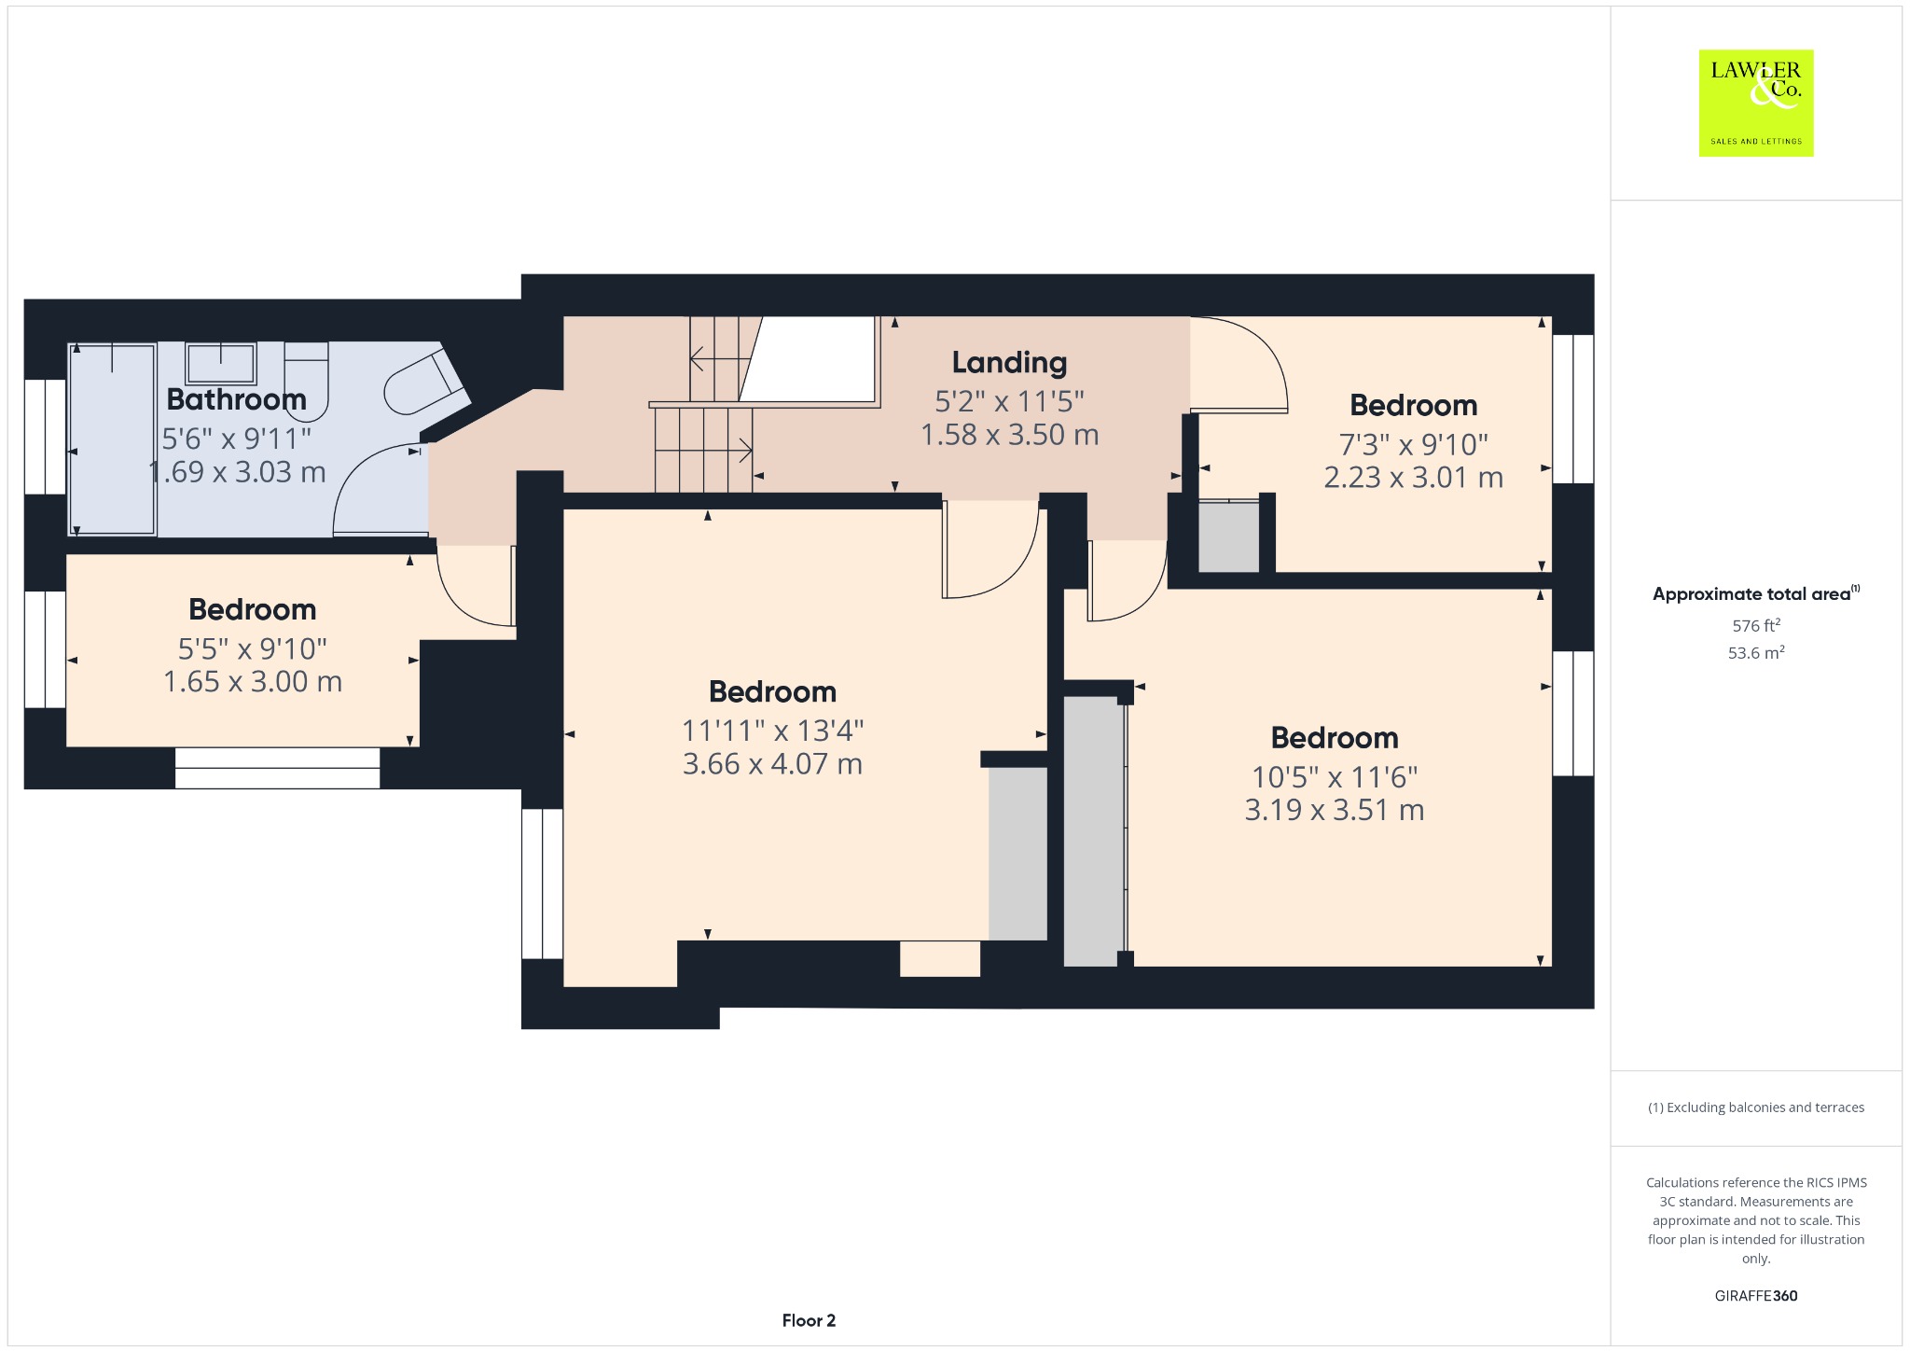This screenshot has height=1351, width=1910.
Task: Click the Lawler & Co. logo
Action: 1756,103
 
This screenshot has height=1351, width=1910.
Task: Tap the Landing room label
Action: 1009,362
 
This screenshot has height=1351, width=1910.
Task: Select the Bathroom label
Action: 236,399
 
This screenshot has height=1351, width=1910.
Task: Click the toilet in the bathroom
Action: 307,381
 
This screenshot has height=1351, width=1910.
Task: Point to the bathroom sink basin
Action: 220,364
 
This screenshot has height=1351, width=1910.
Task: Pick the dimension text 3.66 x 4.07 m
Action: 772,764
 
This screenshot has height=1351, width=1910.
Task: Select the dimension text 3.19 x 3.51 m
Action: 1335,810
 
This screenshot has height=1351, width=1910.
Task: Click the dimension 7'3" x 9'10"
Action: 1414,444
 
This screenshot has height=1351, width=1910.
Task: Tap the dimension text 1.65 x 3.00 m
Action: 253,682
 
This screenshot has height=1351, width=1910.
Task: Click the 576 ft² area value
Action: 1756,625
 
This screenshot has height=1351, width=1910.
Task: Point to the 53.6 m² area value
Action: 1756,652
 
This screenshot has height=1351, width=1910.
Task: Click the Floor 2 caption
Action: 809,1320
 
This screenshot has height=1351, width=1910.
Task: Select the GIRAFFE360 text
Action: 1756,1296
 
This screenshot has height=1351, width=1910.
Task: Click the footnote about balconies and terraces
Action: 1756,1107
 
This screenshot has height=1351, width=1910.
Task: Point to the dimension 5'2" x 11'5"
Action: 1009,401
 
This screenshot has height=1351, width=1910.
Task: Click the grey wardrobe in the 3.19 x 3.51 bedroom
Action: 1092,830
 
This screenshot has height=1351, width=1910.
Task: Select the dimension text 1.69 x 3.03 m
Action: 237,472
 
